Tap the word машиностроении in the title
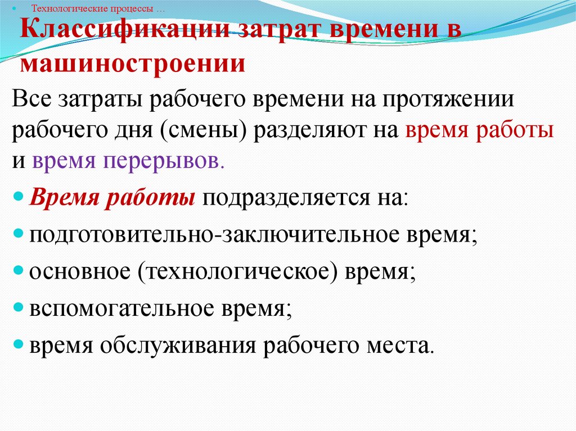133,63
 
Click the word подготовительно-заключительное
226,234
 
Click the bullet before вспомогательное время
18,308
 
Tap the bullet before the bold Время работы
18,198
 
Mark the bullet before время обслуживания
18,345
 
